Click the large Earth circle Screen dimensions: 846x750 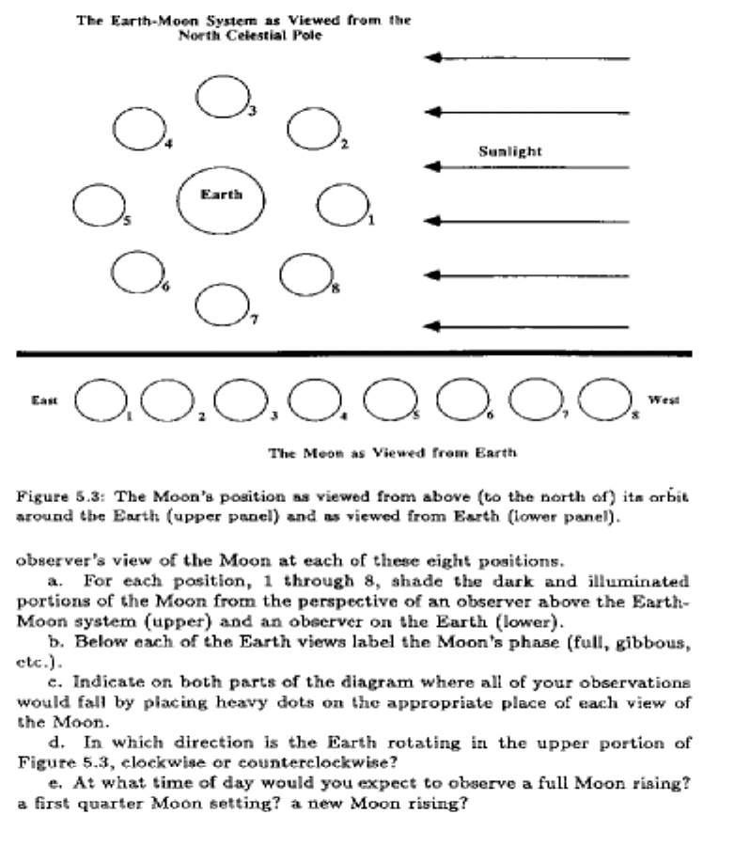point(222,202)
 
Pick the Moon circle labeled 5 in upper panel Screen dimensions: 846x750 point(99,206)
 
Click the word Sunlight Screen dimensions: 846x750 point(510,150)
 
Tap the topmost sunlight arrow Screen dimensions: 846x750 point(527,58)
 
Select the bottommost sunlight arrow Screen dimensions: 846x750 point(527,327)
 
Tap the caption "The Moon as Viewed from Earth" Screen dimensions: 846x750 point(393,453)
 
